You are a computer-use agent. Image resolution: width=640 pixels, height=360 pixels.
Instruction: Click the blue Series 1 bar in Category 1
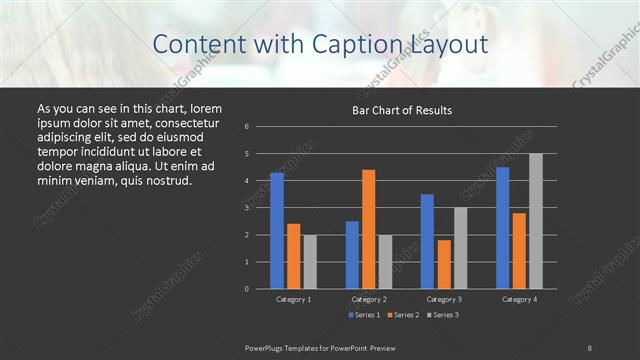point(277,231)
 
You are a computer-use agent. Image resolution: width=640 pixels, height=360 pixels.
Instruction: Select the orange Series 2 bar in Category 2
point(369,229)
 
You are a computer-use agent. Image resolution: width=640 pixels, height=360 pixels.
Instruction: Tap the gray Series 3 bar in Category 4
point(535,221)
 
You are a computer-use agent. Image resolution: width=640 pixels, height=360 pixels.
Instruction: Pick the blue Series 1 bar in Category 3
point(427,241)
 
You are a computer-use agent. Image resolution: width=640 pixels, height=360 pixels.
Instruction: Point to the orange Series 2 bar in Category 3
point(444,264)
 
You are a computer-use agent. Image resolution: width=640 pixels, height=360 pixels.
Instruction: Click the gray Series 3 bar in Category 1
point(310,262)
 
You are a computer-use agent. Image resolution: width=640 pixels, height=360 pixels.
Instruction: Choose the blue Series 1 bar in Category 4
point(502,228)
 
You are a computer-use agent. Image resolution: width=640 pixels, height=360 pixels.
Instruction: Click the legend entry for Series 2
point(402,315)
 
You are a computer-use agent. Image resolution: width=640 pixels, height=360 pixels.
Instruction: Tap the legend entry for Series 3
point(443,315)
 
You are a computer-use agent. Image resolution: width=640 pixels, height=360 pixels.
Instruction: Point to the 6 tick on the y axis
point(247,127)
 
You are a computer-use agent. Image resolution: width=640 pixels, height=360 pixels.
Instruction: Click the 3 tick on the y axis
point(247,208)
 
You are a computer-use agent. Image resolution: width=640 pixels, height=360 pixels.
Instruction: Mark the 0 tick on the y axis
point(247,289)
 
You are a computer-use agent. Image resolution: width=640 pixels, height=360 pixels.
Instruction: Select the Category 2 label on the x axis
point(368,299)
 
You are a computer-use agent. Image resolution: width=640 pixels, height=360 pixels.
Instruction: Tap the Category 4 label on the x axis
point(518,299)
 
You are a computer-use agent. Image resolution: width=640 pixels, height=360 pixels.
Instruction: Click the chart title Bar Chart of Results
point(402,110)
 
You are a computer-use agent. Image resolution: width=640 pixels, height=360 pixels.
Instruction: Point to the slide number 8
point(589,347)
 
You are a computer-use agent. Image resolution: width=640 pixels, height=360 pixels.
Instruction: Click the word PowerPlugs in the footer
point(266,347)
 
